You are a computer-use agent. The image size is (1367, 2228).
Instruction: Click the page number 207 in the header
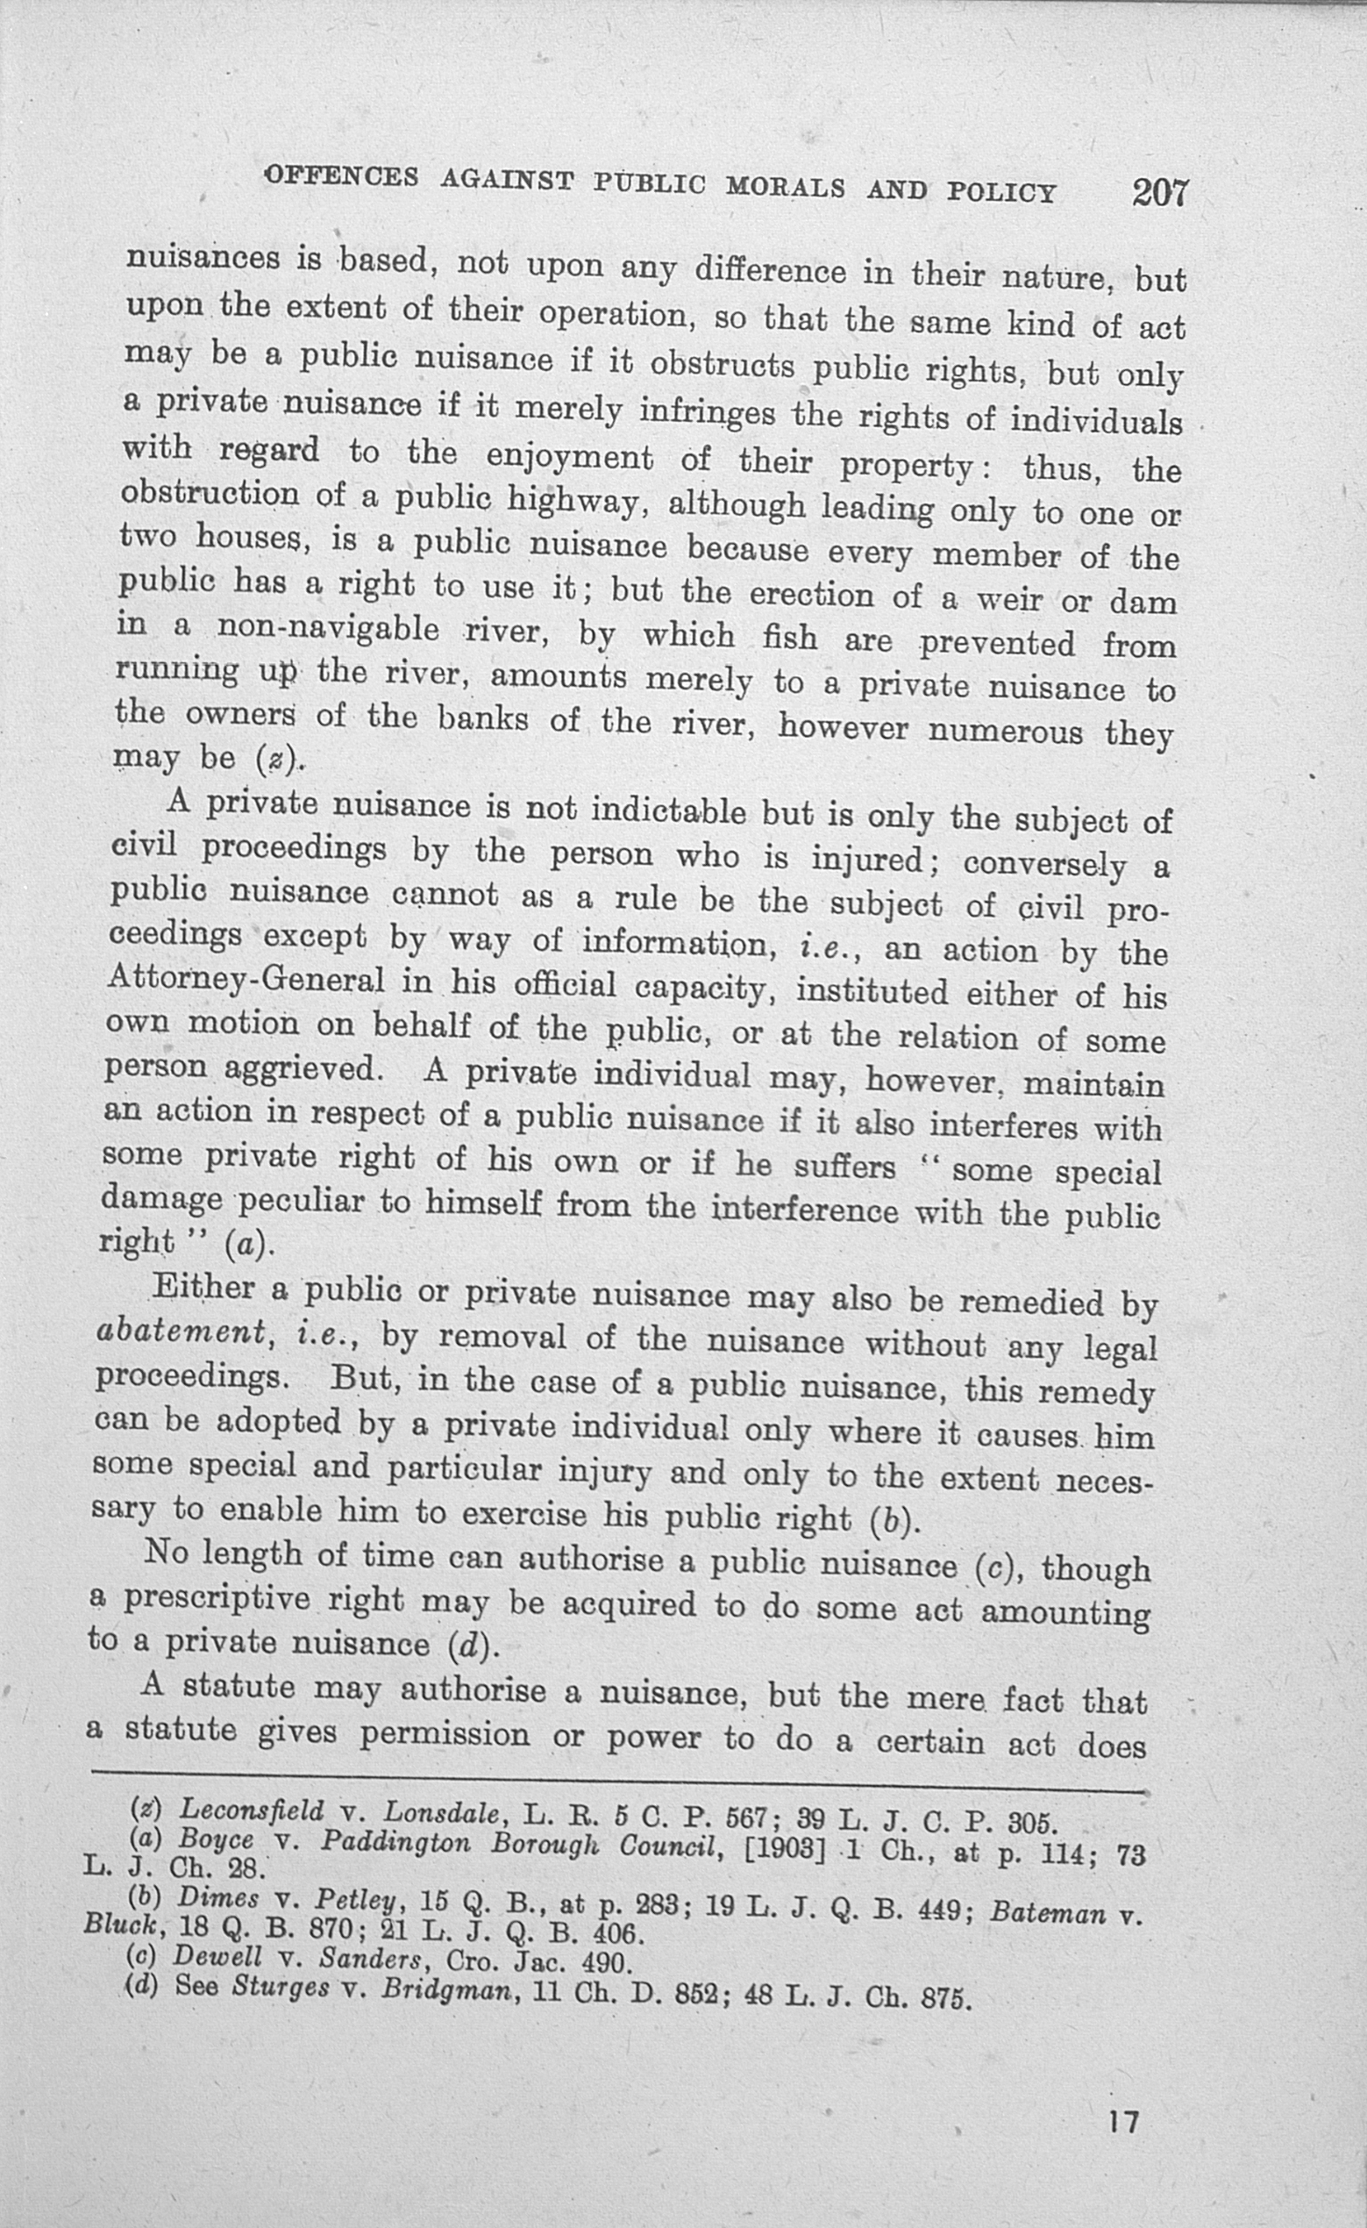tap(1159, 193)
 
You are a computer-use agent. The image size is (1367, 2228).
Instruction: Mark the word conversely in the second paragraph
tap(1044, 863)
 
